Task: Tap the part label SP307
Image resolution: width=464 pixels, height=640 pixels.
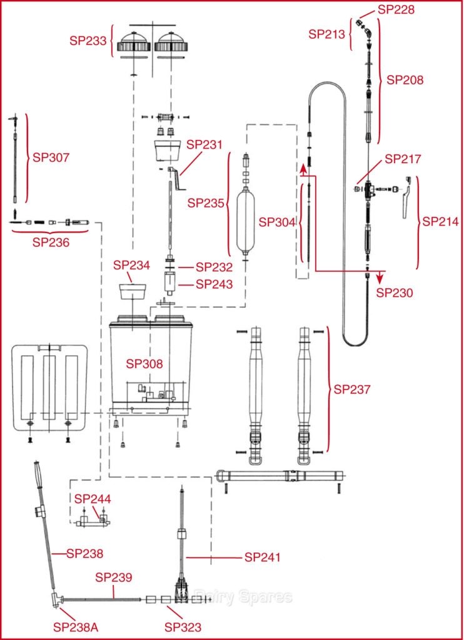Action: coord(51,157)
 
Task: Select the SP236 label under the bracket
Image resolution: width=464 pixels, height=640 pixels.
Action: coord(51,243)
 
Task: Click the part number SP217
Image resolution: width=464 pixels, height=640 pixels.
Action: coord(404,159)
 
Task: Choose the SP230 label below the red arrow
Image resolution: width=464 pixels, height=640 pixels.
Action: coord(395,292)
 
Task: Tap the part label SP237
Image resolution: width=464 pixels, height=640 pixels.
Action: coord(352,389)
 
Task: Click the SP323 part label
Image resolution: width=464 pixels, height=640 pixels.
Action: coord(183,626)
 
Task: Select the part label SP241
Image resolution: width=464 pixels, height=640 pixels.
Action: coord(263,557)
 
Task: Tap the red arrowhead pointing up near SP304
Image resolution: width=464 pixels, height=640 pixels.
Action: coord(303,167)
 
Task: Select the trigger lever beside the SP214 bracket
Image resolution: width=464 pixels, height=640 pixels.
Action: coord(407,197)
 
